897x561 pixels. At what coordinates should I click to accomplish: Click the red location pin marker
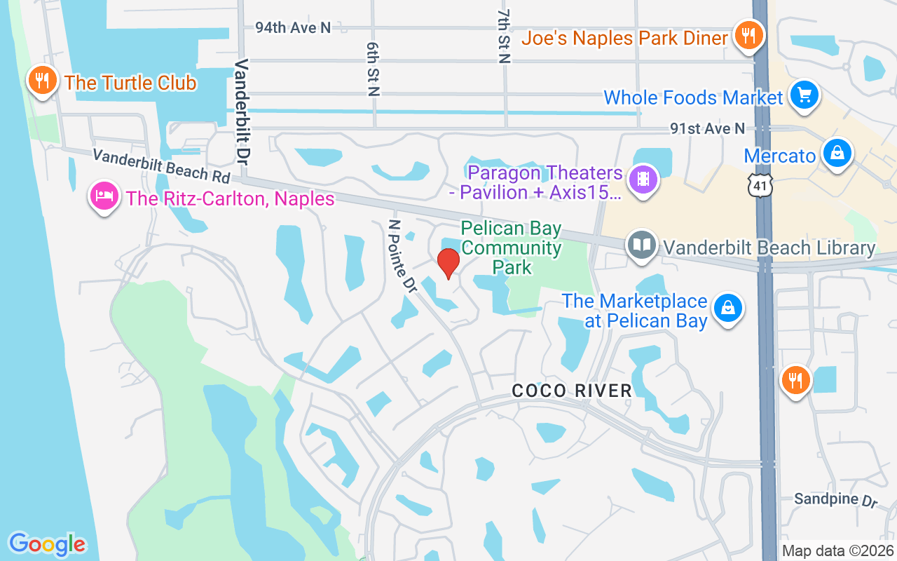[448, 263]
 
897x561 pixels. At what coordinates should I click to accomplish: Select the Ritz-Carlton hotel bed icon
[104, 197]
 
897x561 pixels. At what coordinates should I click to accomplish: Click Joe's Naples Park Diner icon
[749, 35]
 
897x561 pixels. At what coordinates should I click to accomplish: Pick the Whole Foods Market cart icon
[804, 95]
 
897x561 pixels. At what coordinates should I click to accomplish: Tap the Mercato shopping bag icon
[837, 154]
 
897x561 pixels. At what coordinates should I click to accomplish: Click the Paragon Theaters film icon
[643, 179]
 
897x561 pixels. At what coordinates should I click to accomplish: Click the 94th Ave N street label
[292, 27]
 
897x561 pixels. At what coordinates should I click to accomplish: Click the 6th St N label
[373, 68]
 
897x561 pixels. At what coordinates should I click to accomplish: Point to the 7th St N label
[503, 37]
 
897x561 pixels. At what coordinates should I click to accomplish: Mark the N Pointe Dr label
[402, 255]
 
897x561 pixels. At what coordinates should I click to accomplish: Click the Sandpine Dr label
[835, 500]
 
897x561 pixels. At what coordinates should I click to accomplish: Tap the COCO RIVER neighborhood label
[572, 391]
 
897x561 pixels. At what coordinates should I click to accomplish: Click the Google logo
[47, 543]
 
